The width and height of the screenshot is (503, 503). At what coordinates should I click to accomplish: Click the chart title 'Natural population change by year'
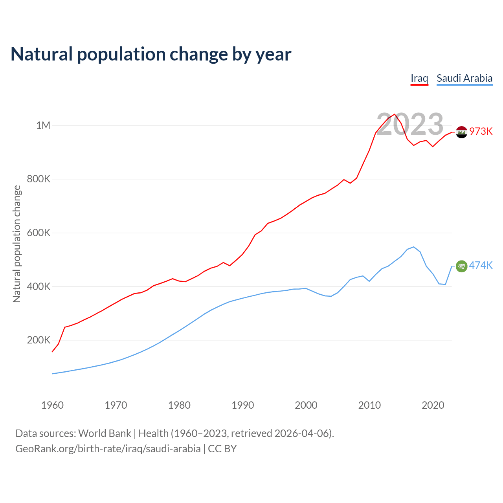[x=151, y=54]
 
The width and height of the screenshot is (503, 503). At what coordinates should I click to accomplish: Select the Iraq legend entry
[x=419, y=78]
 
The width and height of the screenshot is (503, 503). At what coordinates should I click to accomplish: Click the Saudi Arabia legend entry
[x=464, y=78]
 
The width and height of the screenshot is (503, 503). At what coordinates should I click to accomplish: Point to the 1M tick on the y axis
[x=43, y=125]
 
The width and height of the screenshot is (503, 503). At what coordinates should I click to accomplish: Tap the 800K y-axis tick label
[x=39, y=179]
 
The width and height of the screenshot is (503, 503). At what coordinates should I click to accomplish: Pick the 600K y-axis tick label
[x=39, y=233]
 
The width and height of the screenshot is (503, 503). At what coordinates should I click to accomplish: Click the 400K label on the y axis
[x=39, y=286]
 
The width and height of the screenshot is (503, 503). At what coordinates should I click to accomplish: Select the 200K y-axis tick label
[x=39, y=340]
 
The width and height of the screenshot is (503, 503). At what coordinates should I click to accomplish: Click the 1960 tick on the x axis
[x=52, y=405]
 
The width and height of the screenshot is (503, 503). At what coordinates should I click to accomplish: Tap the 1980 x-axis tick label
[x=179, y=405]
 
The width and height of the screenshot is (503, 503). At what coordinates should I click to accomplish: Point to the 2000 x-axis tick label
[x=306, y=405]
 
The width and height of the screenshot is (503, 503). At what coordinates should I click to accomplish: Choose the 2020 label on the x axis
[x=433, y=405]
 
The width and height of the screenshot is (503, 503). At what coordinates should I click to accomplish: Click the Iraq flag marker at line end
[x=461, y=132]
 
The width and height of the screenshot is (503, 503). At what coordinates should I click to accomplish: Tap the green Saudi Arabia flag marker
[x=461, y=266]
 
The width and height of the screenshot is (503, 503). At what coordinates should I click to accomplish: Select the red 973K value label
[x=481, y=132]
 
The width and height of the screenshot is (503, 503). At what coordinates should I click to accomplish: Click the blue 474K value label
[x=481, y=266]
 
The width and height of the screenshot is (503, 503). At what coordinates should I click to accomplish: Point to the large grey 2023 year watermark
[x=410, y=124]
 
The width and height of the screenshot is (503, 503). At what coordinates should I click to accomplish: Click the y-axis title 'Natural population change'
[x=17, y=244]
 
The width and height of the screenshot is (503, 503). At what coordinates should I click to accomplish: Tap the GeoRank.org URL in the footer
[x=108, y=449]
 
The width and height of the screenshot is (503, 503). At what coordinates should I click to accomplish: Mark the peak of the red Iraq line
[x=395, y=114]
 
